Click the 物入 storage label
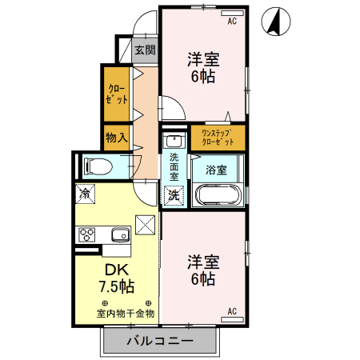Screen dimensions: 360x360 click(117, 137)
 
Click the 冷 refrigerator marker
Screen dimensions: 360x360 click(84, 193)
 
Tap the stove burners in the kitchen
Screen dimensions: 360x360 click(87, 235)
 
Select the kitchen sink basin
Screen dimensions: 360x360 click(121, 235)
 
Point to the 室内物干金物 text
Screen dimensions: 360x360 click(126, 313)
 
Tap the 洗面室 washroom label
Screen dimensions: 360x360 click(174, 165)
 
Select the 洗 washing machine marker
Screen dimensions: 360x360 click(174, 194)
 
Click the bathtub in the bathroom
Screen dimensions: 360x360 click(218, 194)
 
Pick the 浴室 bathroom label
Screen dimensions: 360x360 click(216, 170)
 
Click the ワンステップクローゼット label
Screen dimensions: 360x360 click(218, 137)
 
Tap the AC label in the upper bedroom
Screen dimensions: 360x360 click(233, 21)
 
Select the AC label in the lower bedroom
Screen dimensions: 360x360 click(233, 310)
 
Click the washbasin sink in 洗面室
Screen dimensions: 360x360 click(174, 142)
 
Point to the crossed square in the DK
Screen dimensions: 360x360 click(145, 226)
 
